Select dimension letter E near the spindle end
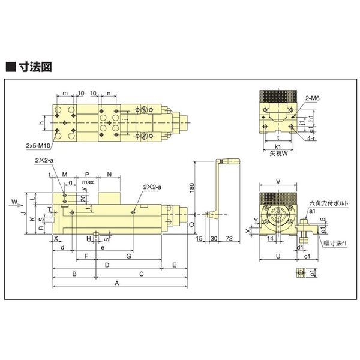tap(173, 264)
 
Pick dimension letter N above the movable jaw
tap(109, 174)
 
